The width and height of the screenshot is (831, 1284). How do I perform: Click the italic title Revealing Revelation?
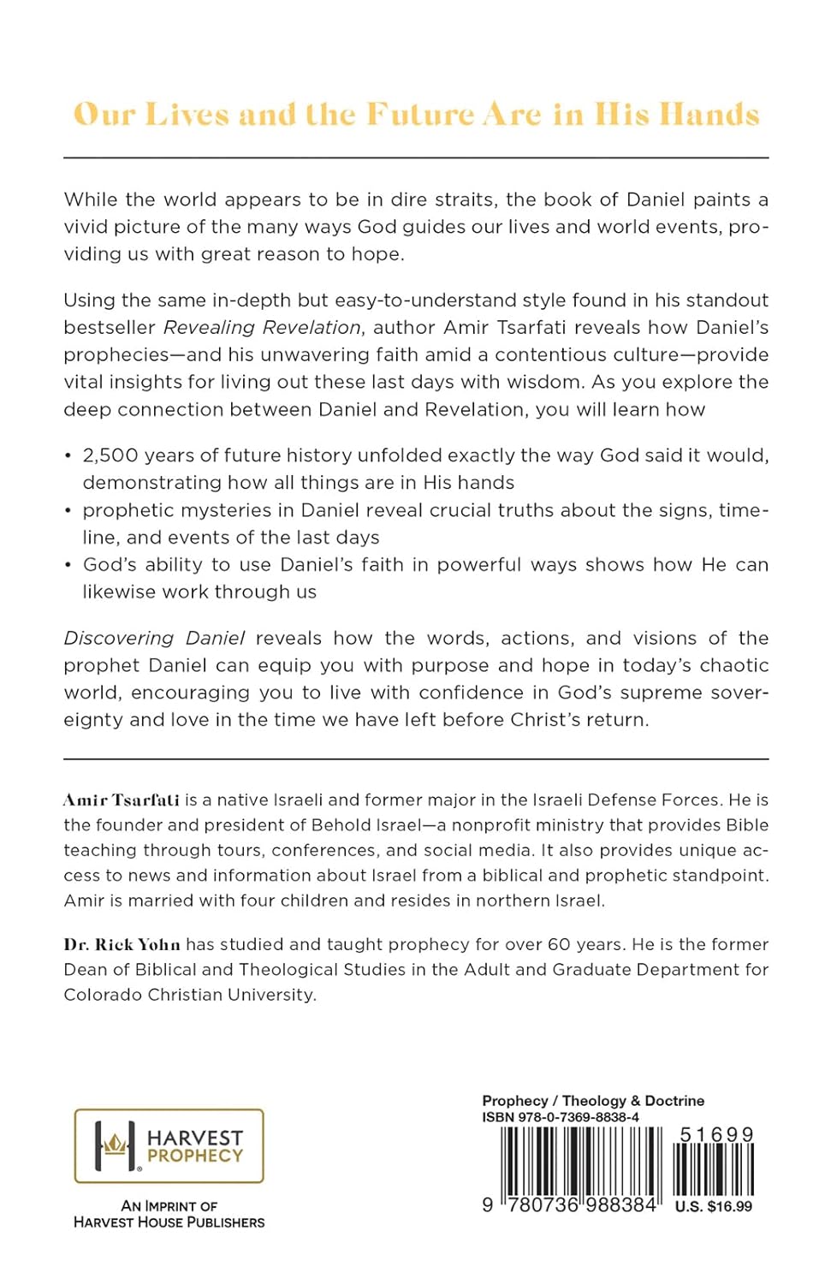coord(262,328)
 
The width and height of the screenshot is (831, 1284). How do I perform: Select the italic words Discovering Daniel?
coord(154,639)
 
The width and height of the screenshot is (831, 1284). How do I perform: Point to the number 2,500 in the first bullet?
coord(108,455)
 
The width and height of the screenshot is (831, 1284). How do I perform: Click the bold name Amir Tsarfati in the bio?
coord(121,800)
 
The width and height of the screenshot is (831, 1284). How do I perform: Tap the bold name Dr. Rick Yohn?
coord(122,945)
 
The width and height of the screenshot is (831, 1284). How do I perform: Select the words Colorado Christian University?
coord(189,995)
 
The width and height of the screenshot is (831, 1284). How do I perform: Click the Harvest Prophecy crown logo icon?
coord(116,1145)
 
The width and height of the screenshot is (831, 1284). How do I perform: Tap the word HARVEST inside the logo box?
coord(195,1138)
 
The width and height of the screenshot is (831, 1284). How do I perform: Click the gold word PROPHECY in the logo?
coord(195,1156)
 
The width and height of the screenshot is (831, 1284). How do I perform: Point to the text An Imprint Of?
coord(169,1206)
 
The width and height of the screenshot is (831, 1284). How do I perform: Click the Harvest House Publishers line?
coord(169,1222)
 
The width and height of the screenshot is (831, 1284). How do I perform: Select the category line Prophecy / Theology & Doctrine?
coord(593,1101)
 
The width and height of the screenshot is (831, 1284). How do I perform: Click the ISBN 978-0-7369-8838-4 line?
coord(561,1117)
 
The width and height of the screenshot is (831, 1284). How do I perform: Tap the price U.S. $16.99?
coord(714,1207)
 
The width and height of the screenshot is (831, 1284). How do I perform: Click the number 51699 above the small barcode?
coord(716,1135)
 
